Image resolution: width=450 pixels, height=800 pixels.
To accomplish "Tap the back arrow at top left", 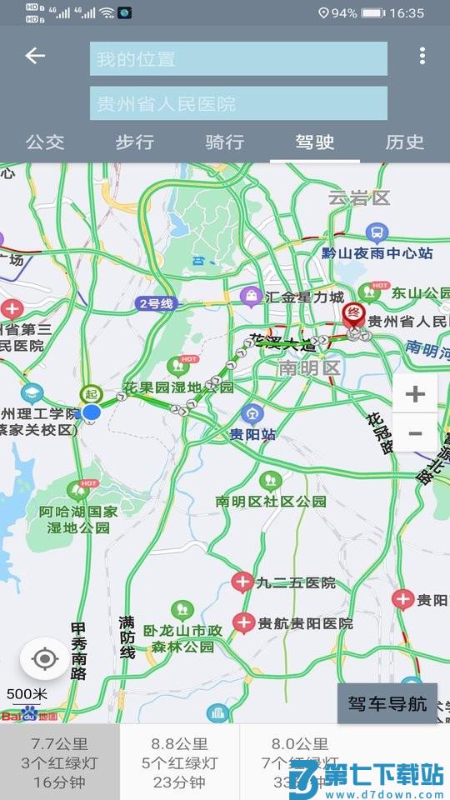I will pos(35,57).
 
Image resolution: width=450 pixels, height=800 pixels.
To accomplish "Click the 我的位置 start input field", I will pos(238,58).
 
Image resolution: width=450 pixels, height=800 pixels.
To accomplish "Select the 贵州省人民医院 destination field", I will pos(238,103).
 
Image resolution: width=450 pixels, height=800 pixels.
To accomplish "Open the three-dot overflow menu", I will pos(422,57).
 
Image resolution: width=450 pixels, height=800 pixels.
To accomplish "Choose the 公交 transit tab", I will pos(45,142).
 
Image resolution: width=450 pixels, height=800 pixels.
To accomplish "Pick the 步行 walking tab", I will pos(135,142).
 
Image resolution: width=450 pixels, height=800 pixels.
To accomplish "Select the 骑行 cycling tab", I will pos(225,142).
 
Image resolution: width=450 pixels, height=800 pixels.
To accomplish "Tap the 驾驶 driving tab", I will pos(315,142).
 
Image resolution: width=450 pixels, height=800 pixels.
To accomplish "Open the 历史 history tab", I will pos(405,142).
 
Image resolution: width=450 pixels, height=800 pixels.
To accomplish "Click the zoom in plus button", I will pos(415,393).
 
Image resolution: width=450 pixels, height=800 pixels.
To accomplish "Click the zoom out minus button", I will pos(415,433).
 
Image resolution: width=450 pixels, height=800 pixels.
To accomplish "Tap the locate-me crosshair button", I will pos(45,660).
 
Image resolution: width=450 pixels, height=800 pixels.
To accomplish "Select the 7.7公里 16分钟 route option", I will pos(60,762).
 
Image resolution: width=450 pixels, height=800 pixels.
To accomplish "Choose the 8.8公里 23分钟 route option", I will pos(180,762).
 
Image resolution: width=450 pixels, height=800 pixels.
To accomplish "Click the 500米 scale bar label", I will pos(27,693).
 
